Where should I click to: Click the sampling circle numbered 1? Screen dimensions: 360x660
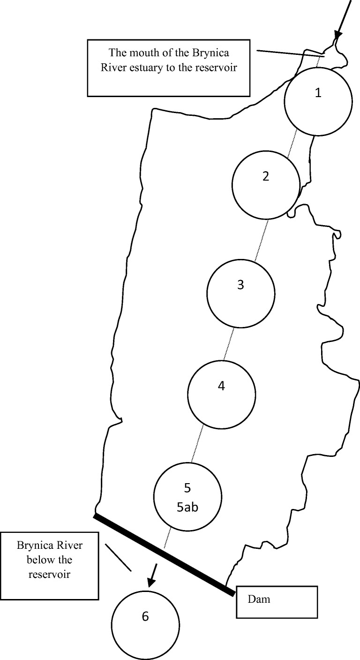tap(318, 102)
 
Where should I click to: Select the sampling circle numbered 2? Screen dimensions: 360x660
tap(266, 185)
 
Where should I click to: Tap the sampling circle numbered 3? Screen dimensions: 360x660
tap(240, 294)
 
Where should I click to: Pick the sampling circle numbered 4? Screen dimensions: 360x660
tap(221, 394)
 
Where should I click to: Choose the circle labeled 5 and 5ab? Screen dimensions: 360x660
tap(187, 496)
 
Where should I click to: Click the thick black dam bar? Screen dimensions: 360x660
tap(164, 554)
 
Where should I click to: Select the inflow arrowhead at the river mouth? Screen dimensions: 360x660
tap(337, 36)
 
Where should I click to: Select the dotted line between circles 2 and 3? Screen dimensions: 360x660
tap(262, 240)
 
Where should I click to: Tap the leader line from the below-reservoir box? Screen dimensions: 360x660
tap(118, 557)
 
